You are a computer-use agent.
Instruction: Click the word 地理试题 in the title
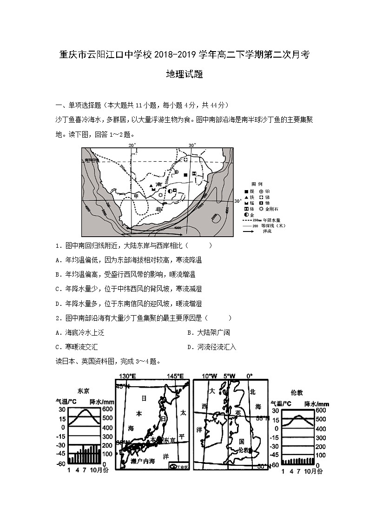coord(184,74)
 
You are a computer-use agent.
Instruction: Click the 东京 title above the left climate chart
coord(84,390)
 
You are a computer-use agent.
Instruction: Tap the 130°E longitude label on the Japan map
coord(127,376)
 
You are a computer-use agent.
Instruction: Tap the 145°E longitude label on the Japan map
coord(176,376)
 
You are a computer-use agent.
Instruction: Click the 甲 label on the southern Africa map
coord(136,196)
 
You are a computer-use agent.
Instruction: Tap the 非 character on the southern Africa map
coord(159,209)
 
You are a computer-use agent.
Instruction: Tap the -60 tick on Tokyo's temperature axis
coord(61,464)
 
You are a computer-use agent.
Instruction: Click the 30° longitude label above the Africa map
coord(192,145)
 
